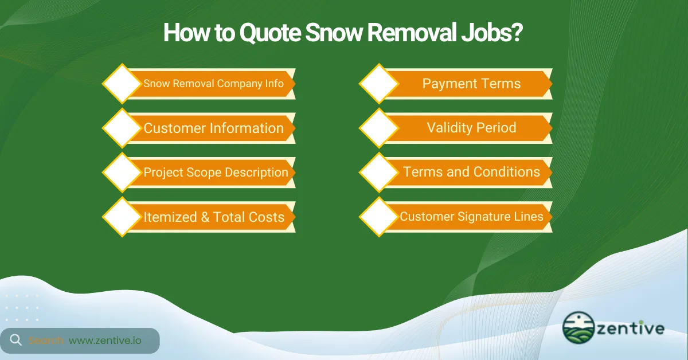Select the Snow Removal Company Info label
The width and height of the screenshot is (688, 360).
click(x=213, y=84)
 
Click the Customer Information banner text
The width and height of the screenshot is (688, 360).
click(x=213, y=128)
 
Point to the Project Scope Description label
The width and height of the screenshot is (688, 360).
click(x=216, y=173)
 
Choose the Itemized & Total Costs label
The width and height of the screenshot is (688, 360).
click(x=214, y=217)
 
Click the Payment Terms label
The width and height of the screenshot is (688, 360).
click(x=471, y=84)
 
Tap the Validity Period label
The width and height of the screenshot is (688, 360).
click(x=471, y=128)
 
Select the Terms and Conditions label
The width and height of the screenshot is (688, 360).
click(x=471, y=172)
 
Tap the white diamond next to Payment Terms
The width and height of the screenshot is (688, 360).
click(x=379, y=84)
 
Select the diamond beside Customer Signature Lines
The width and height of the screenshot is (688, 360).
click(x=379, y=217)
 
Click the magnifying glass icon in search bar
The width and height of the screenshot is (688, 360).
click(x=15, y=340)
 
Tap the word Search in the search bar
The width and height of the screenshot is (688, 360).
click(x=46, y=341)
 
